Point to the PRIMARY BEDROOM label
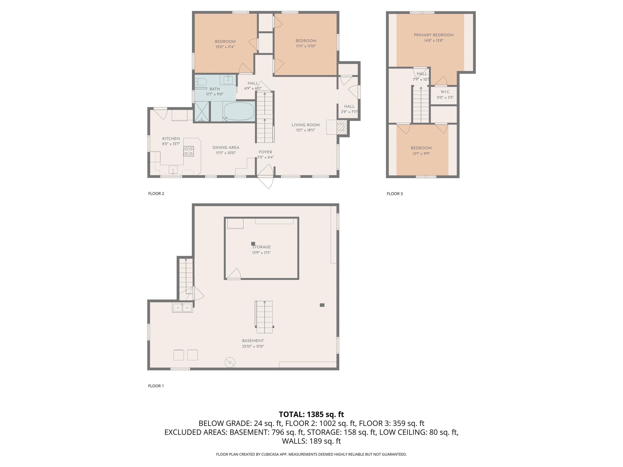(433, 35)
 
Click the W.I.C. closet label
(445, 92)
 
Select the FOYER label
(265, 152)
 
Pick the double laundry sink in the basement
(183, 308)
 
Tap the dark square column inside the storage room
(253, 244)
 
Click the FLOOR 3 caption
(395, 194)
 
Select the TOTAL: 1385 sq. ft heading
(311, 414)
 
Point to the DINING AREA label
(226, 148)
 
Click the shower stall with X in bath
(202, 111)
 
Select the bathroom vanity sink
(228, 80)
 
